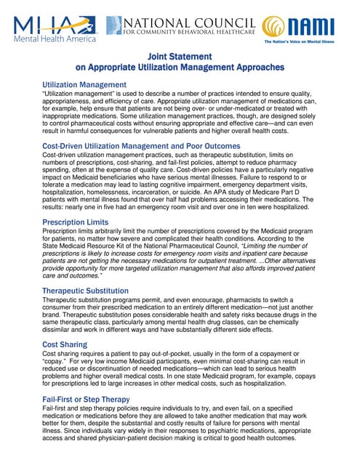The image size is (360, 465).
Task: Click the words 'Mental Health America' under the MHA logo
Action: [x=52, y=39]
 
